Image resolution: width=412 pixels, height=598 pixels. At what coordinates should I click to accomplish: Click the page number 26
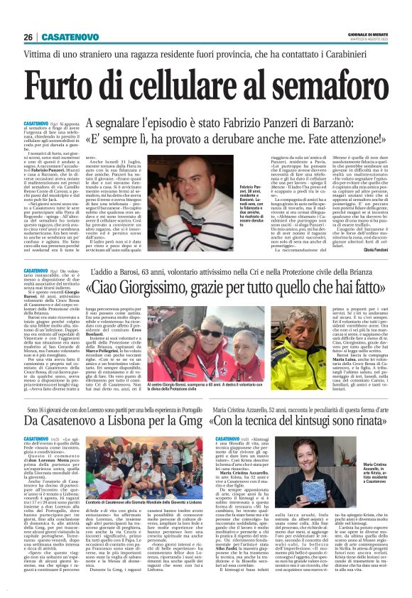click(28, 37)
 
